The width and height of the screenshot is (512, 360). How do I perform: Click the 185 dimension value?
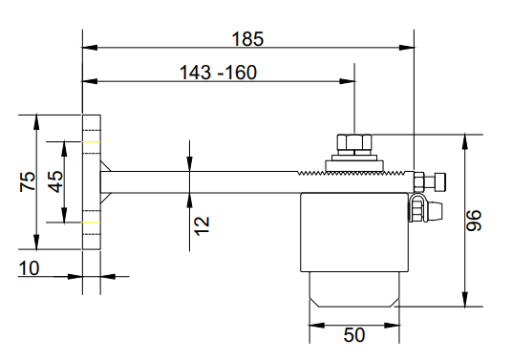click(x=247, y=39)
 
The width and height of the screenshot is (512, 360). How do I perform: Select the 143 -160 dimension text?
click(x=218, y=73)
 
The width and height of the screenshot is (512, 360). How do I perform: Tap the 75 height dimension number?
click(x=28, y=181)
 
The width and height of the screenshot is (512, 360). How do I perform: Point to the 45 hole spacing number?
click(x=55, y=181)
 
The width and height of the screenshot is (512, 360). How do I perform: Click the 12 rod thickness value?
click(x=202, y=226)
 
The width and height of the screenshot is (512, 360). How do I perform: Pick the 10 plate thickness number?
click(x=29, y=268)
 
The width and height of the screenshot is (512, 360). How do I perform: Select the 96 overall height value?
click(x=474, y=221)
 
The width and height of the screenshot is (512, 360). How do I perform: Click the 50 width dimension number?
click(x=354, y=335)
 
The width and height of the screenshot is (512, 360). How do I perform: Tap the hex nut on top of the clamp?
click(x=354, y=144)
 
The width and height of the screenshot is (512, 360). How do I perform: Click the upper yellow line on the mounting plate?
click(x=91, y=142)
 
